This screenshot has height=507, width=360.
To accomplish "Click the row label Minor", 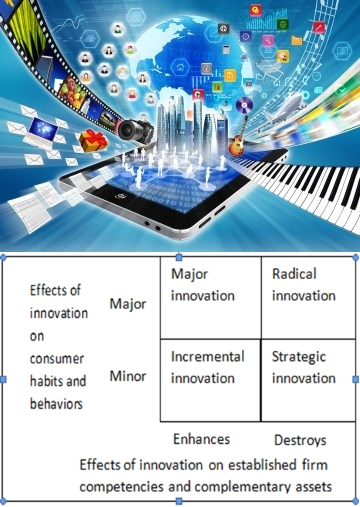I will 128,377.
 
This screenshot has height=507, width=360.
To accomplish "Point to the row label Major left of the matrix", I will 128,303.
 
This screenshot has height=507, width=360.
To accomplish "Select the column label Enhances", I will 201,439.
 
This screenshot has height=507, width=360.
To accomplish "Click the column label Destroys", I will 300,440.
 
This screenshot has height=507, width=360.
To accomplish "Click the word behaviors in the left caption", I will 51,403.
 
